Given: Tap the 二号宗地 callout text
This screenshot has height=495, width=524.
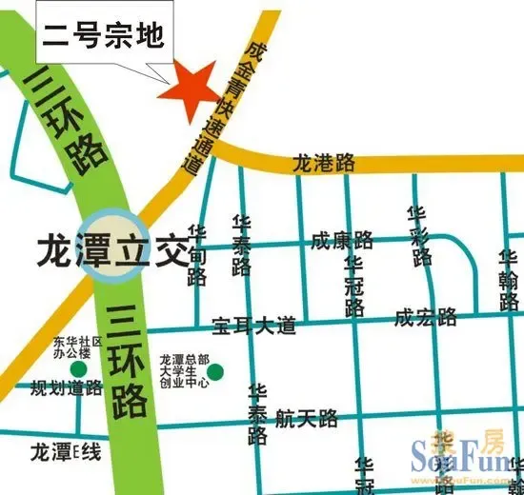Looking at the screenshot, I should pos(104,38).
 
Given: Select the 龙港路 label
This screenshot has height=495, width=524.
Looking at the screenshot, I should pos(324,162).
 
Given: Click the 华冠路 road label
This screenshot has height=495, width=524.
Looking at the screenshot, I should pos(355,286).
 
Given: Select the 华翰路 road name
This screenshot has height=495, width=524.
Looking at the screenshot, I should pos(508,281).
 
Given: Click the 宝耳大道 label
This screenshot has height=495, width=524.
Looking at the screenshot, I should pos(254,325).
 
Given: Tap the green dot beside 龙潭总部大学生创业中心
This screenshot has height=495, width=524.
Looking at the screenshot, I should pos(216,370).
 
